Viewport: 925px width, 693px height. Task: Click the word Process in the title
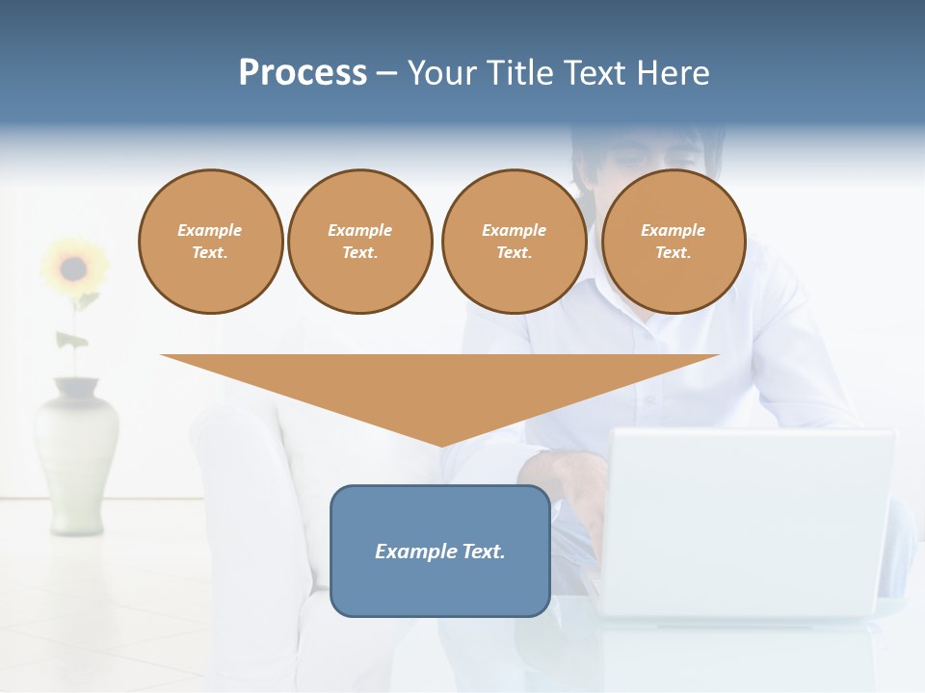tap(303, 73)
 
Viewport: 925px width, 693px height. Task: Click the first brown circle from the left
tap(210, 242)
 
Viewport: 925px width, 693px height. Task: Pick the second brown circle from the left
tap(360, 242)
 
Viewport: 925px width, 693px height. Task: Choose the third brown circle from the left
tap(514, 242)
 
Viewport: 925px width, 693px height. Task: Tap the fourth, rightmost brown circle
tap(673, 242)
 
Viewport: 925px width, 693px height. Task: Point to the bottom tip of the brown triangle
tap(441, 444)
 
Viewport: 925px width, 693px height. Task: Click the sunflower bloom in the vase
tap(73, 266)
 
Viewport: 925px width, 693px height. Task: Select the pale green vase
tap(77, 452)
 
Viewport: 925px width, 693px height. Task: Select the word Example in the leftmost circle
tap(210, 231)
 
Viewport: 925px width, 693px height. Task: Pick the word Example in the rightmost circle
tap(673, 231)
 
